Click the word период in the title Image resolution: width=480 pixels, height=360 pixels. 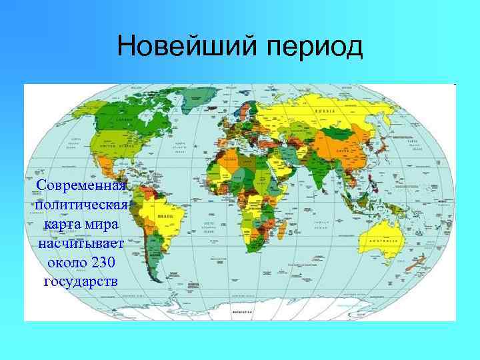coord(310,48)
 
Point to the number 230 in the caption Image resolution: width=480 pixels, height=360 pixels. coord(103,261)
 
